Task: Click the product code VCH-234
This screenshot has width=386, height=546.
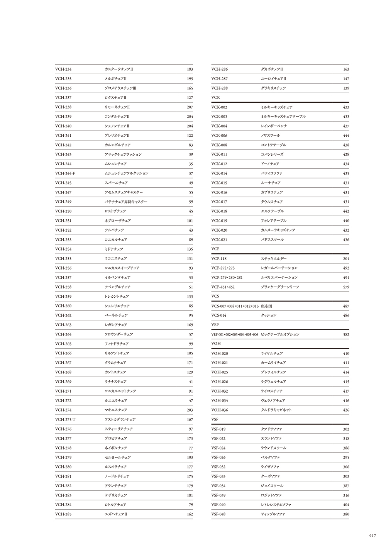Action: tap(63, 70)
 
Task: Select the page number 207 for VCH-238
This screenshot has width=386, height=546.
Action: tap(190, 107)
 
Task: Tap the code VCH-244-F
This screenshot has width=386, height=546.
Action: tap(65, 173)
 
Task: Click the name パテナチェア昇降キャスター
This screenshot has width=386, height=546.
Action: tap(126, 202)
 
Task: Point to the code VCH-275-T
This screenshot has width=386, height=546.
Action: tap(65, 419)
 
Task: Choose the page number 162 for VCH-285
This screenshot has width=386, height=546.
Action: tap(190, 514)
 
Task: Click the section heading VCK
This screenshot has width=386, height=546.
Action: tap(215, 98)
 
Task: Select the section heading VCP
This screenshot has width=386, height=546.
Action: tap(215, 249)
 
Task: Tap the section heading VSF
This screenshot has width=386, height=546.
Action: tap(215, 419)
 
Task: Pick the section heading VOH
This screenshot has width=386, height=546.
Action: tap(216, 344)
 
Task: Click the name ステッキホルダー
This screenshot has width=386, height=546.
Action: tap(274, 259)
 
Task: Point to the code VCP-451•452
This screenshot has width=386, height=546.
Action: tap(223, 287)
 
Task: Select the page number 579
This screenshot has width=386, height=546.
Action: tap(346, 287)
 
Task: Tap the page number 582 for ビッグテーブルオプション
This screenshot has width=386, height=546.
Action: tap(346, 334)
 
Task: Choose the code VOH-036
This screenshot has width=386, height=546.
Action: tap(220, 410)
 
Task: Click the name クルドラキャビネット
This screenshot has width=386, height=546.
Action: tap(276, 410)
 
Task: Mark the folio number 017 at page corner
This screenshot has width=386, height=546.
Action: tap(372, 535)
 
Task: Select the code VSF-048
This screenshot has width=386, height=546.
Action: tap(218, 514)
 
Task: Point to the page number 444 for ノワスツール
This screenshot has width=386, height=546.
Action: tap(346, 136)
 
